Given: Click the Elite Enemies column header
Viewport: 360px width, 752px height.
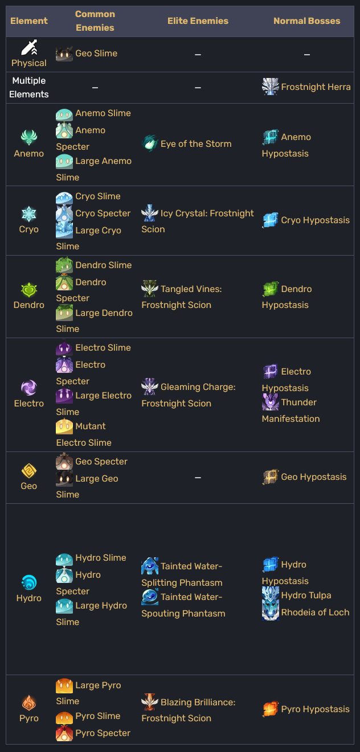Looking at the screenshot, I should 198,21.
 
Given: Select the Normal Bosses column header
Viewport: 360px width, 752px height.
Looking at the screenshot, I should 306,21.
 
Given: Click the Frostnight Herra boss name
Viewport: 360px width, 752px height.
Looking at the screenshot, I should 316,87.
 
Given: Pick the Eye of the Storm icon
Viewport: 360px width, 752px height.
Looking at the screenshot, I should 150,143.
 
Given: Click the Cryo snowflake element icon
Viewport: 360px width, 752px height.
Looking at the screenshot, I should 29,214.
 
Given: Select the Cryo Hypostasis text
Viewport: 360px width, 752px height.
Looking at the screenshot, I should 315,220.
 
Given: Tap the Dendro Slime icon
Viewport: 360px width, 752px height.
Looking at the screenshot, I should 64,265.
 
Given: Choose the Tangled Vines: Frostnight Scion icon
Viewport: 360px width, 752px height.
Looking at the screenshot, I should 150,289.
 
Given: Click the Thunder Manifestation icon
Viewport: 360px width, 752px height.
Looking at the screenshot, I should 271,402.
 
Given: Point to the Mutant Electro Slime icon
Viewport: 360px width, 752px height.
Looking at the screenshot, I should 64,426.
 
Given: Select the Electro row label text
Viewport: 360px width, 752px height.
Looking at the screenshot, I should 29,404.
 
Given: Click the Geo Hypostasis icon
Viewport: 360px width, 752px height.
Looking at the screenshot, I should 271,477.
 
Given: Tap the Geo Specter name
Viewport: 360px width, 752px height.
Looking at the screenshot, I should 101,462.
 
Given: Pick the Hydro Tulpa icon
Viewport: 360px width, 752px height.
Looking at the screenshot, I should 271,595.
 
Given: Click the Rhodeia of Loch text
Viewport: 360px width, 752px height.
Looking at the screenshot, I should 315,613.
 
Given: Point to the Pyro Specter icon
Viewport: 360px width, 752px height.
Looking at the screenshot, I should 64,733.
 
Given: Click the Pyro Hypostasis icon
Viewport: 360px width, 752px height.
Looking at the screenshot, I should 271,709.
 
